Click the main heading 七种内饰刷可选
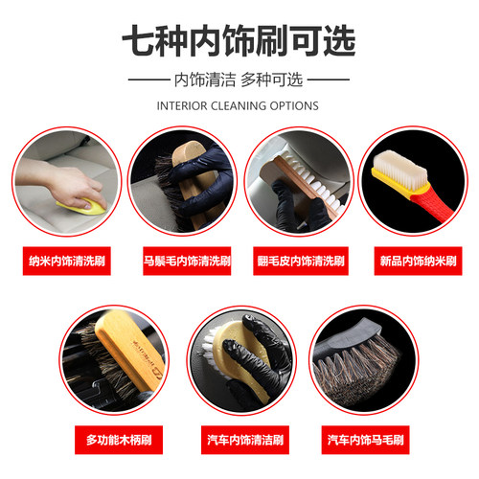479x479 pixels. (x=239, y=40)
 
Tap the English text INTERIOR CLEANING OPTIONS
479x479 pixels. (x=239, y=105)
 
